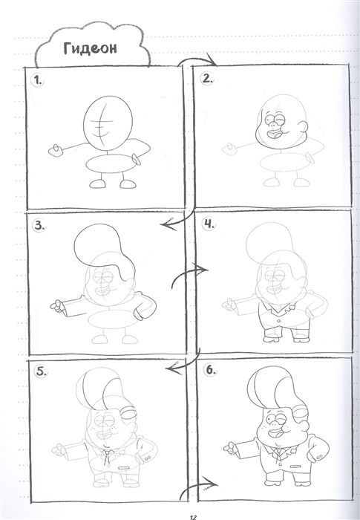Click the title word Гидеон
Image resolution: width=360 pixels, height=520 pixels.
90,49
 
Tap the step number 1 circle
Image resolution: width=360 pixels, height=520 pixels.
37,80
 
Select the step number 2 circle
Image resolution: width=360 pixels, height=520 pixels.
207,79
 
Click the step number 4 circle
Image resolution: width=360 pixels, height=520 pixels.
209,223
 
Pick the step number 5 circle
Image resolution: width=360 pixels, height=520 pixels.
41,371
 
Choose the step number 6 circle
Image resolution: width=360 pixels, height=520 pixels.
211,370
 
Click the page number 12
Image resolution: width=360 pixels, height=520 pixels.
194,517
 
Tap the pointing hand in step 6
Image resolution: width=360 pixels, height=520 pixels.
229,448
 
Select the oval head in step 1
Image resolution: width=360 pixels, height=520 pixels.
108,125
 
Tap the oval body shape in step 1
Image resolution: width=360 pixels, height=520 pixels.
111,164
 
